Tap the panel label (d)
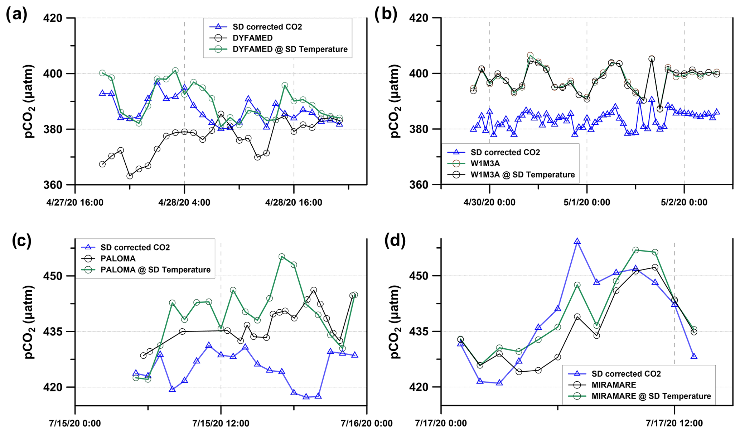pos(395,241)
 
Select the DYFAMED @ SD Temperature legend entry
pos(290,49)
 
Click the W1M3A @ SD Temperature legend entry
pos(522,175)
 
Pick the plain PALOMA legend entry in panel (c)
pos(118,258)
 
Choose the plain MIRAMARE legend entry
pos(614,385)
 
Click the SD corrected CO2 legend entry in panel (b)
pos(505,152)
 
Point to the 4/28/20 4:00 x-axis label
pos(184,202)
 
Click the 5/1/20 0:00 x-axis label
pos(586,202)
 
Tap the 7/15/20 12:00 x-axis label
pos(221,423)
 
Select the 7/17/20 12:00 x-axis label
pos(674,423)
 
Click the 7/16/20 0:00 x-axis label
pos(367,423)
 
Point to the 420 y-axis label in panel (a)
pos(52,18)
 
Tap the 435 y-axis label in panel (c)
pos(52,332)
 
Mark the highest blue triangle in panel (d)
pos(577,241)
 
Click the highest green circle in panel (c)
pos(282,257)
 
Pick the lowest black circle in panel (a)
pos(130,176)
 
